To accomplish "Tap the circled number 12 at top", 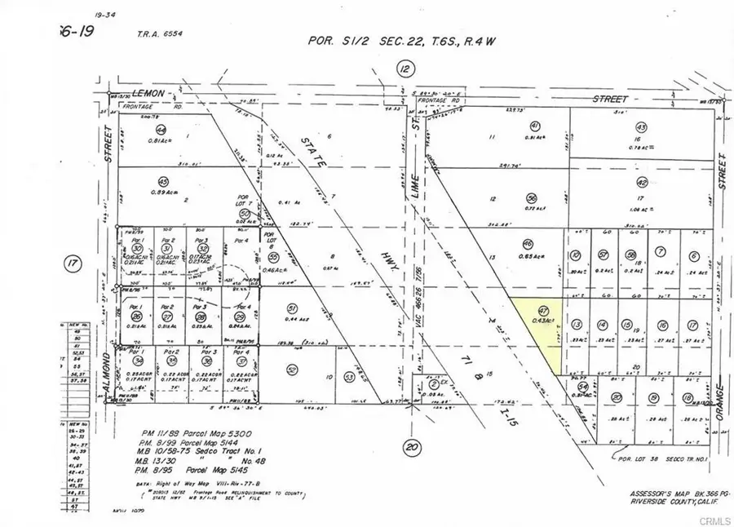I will pos(405,70).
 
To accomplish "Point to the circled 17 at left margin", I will pos(72,263).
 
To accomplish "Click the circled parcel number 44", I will pos(161,130).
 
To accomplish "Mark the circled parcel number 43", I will pos(641,128).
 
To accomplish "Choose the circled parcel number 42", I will pos(642,184).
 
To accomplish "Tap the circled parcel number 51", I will pos(291,308).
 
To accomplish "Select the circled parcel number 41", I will pos(535,126).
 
